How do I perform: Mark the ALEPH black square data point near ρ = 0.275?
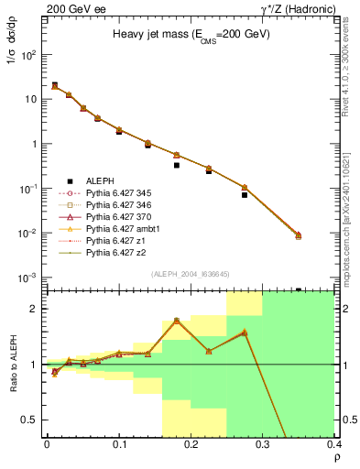click(245, 195)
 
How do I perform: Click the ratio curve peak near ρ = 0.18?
click(176, 321)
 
